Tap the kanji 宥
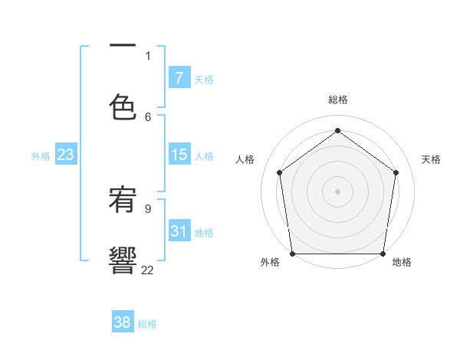pos(123,201)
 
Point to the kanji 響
pos(123,260)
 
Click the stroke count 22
pos(148,269)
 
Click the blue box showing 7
pos(179,78)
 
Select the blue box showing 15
pos(179,155)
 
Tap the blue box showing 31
pos(179,231)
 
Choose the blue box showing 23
pos(65,155)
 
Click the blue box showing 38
pos(122,322)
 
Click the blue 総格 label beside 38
pos(147,324)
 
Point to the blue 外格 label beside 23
pos(41,156)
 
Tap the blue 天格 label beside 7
pos(204,80)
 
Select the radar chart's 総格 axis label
pos(338,100)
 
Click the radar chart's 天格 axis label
pos(431,159)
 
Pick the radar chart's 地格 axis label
pos(402,262)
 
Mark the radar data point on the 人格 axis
pos(279,172)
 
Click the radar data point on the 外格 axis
pos(293,254)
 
